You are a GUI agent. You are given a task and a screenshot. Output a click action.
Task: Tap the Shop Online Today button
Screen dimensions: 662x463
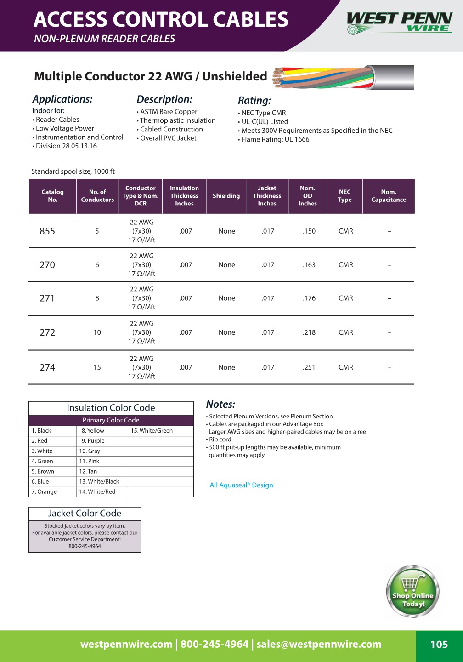coord(412,592)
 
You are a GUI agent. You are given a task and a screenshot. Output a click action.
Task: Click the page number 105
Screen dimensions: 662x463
coord(439,645)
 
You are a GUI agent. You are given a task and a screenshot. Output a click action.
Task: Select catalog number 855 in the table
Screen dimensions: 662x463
coord(47,231)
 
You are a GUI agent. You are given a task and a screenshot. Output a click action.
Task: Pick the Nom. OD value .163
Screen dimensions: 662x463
coord(309,265)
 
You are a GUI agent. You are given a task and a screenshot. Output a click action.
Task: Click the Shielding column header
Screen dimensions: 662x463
coord(226,196)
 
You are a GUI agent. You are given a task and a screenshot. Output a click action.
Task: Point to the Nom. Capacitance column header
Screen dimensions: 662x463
coord(389,196)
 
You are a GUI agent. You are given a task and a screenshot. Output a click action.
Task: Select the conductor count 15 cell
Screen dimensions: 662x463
coord(97,367)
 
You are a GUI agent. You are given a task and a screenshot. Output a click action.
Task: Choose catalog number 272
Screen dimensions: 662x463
coord(47,332)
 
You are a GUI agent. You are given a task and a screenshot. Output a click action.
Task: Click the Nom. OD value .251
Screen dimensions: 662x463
coord(309,367)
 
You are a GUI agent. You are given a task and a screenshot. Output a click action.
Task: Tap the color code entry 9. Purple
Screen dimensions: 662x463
coord(93,441)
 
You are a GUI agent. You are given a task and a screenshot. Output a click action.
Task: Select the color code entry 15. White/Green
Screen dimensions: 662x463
coord(152,431)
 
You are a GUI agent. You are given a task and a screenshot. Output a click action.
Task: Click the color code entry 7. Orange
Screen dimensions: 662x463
coord(44,492)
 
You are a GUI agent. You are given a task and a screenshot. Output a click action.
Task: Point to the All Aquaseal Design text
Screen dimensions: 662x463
coord(241,485)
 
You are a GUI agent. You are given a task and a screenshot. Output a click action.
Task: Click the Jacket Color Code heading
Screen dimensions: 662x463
coord(85,514)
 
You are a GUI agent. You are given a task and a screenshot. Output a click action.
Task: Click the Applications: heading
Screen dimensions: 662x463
coord(62,99)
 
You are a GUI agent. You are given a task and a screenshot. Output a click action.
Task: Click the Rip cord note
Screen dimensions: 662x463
coord(220,439)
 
